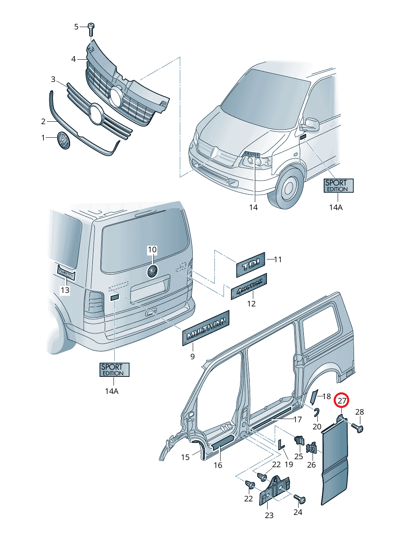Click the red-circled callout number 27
coord(342,400)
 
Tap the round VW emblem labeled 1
coord(63,140)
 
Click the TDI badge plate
coord(250,265)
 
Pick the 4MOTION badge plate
coord(249,287)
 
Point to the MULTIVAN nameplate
coord(206,328)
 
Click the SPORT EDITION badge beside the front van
coord(338,186)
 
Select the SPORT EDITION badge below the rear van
coord(114,370)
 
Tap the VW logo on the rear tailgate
coord(153,271)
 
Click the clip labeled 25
coord(299,441)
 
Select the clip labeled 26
coord(311,448)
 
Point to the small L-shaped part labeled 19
coord(281,444)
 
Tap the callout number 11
coord(278,259)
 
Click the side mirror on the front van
coord(310,124)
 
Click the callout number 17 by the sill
coord(297,419)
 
